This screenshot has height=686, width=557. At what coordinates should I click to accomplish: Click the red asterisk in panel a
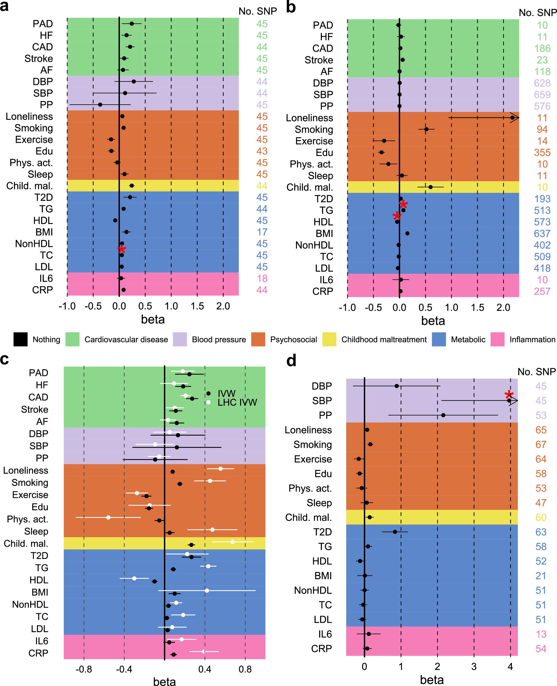pyautogui.click(x=122, y=250)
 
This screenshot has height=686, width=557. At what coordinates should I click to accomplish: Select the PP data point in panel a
pyautogui.click(x=100, y=105)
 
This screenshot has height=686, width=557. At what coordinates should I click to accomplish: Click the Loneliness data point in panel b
pyautogui.click(x=512, y=118)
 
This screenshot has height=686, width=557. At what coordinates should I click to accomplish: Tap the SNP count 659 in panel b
pyautogui.click(x=542, y=94)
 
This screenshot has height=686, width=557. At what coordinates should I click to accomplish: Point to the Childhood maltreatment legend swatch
pyautogui.click(x=329, y=340)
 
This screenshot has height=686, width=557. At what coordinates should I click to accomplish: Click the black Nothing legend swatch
pyautogui.click(x=20, y=340)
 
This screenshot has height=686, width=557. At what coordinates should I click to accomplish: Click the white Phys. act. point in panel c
pyautogui.click(x=108, y=517)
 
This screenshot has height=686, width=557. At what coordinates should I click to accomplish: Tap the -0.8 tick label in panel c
pyautogui.click(x=84, y=669)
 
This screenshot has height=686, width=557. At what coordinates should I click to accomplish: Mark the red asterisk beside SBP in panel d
pyautogui.click(x=509, y=395)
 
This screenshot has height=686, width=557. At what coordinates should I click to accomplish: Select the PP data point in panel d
pyautogui.click(x=443, y=415)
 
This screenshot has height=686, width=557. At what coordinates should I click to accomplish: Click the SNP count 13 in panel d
pyautogui.click(x=541, y=634)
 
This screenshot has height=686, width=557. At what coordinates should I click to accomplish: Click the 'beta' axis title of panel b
pyautogui.click(x=433, y=321)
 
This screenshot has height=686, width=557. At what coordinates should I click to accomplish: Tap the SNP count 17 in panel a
pyautogui.click(x=262, y=232)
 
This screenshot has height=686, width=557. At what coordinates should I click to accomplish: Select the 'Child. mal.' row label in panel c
pyautogui.click(x=26, y=544)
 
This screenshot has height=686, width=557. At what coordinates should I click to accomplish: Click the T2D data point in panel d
pyautogui.click(x=395, y=532)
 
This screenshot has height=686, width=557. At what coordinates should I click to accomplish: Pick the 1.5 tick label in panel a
pyautogui.click(x=197, y=306)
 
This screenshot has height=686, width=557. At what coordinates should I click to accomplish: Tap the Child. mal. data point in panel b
pyautogui.click(x=431, y=187)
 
